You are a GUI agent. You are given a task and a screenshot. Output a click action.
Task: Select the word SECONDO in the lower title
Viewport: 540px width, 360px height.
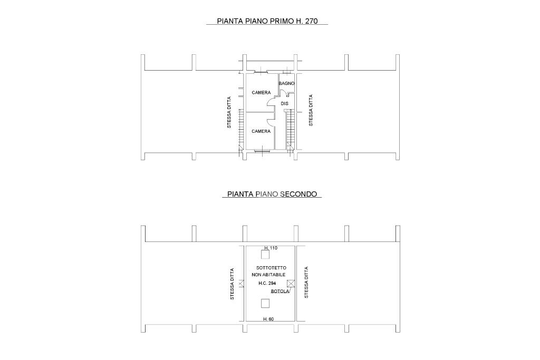tap(298, 194)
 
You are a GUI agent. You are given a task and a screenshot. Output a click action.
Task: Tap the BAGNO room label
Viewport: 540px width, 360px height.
tap(286, 83)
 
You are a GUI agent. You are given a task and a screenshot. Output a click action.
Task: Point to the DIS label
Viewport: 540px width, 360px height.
tap(284, 103)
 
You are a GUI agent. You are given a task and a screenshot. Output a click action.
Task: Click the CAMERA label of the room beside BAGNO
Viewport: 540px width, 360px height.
tap(261, 93)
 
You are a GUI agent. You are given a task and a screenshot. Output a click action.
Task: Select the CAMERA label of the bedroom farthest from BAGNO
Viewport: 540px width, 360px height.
tap(261, 131)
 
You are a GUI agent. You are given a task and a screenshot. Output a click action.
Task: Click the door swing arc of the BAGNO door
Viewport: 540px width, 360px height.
tap(283, 93)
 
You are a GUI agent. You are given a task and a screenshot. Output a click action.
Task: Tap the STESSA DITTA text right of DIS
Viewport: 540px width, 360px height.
tap(311, 110)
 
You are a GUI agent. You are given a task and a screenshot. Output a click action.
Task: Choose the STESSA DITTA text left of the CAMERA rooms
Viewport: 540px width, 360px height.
tap(229, 112)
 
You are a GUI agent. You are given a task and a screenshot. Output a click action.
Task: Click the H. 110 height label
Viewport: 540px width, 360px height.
tap(271, 248)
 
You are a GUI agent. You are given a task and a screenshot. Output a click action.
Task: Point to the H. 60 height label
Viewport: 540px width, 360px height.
tap(268, 319)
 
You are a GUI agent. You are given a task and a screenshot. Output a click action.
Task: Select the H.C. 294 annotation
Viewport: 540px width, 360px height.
tap(267, 283)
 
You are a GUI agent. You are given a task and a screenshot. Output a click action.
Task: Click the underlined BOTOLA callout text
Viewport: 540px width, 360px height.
tap(280, 291)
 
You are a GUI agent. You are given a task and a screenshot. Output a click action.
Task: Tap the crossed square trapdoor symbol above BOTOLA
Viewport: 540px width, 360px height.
tap(291, 284)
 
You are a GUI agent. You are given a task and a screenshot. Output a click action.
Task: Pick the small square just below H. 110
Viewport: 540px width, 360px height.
tap(265, 255)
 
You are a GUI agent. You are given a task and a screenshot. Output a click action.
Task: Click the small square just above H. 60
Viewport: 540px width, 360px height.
tap(265, 303)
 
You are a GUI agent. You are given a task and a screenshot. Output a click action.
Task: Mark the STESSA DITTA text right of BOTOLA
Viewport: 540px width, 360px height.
tap(306, 282)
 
